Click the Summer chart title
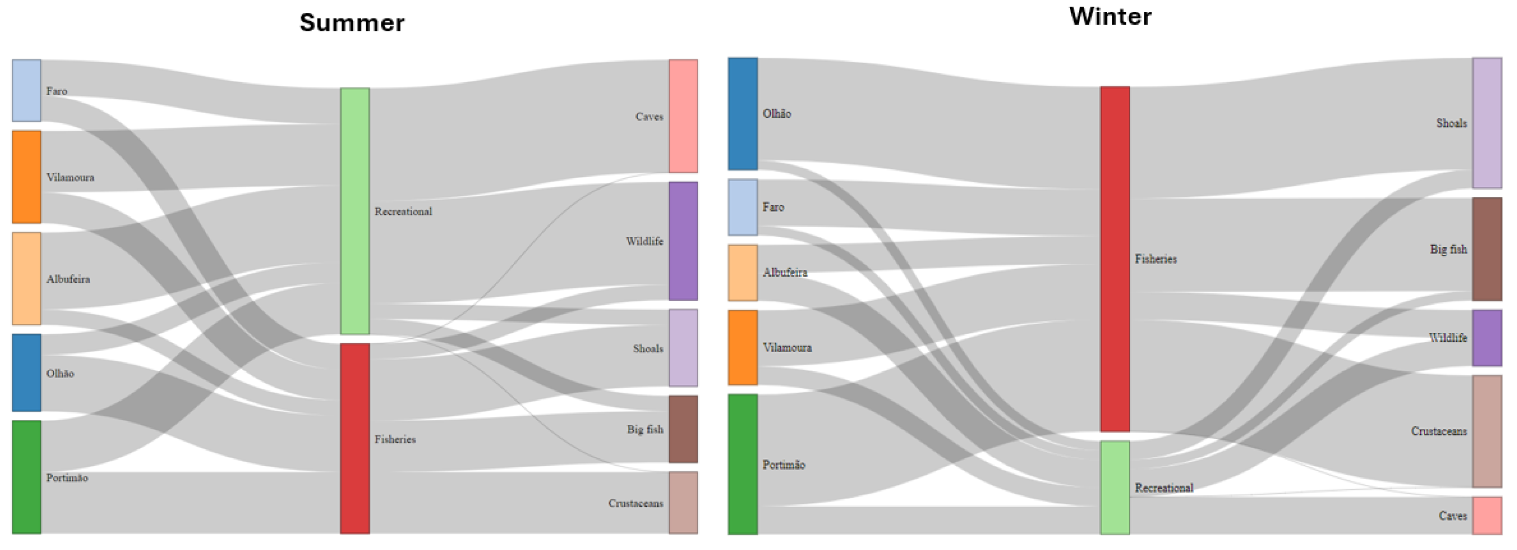point(352,23)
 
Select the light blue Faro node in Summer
point(27,90)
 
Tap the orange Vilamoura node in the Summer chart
point(27,177)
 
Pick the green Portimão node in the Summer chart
point(27,477)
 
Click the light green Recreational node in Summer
point(355,211)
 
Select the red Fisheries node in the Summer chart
point(355,439)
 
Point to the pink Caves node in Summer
point(683,116)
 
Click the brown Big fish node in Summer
point(683,429)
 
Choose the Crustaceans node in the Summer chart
point(683,502)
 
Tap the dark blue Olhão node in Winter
point(743,114)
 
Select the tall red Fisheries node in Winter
point(1115,259)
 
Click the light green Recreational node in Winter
point(1115,488)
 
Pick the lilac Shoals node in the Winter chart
point(1487,123)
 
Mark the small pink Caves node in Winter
point(1487,515)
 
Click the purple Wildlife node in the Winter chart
point(1487,338)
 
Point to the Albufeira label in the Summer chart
point(68,279)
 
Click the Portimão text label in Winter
point(783,464)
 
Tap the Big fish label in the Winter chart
point(1448,249)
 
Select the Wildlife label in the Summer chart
point(644,241)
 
